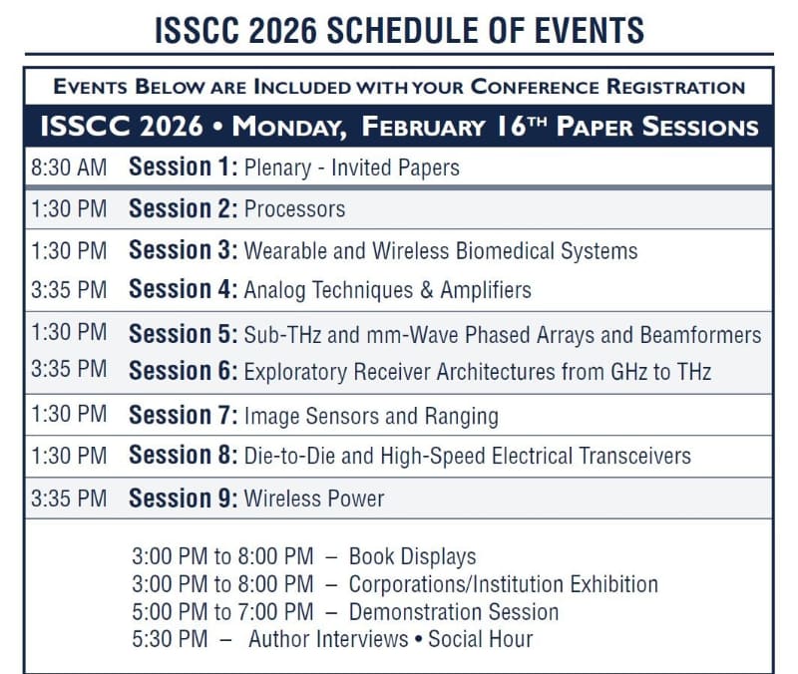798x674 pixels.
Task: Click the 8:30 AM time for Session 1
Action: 68,168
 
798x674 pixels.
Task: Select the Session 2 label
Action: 184,209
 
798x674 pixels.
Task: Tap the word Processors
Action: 294,209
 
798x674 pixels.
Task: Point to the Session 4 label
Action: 184,290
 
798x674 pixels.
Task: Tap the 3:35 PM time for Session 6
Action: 68,370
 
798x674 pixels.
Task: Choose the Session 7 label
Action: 184,415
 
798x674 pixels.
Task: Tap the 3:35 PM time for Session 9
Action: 68,498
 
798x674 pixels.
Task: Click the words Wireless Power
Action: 313,498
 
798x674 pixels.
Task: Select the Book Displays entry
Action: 412,556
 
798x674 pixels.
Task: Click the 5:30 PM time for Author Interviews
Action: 170,638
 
